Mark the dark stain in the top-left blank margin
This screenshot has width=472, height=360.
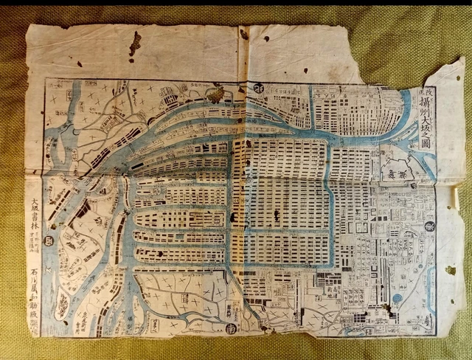coord(134,44)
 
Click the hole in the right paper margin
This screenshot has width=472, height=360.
coord(450,271)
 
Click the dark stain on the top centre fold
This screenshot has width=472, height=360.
coord(243,33)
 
